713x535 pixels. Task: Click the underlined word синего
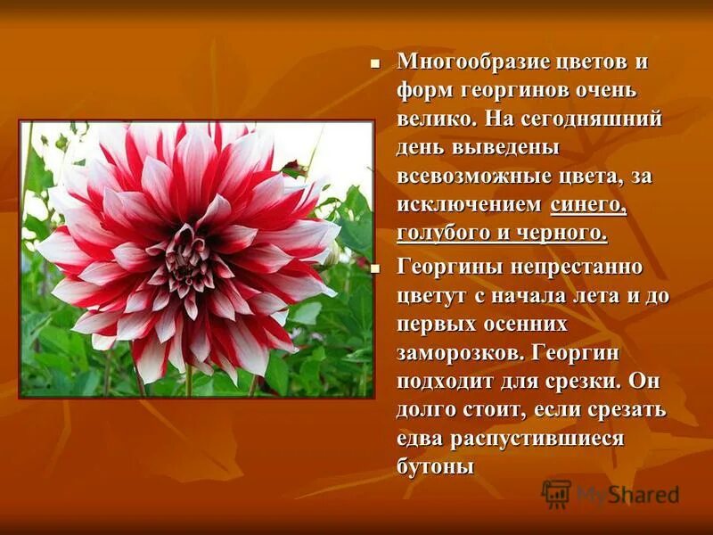click(x=589, y=206)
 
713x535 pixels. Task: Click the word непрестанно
click(x=567, y=267)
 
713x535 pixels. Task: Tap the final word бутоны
click(x=434, y=466)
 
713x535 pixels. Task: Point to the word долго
click(x=427, y=409)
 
